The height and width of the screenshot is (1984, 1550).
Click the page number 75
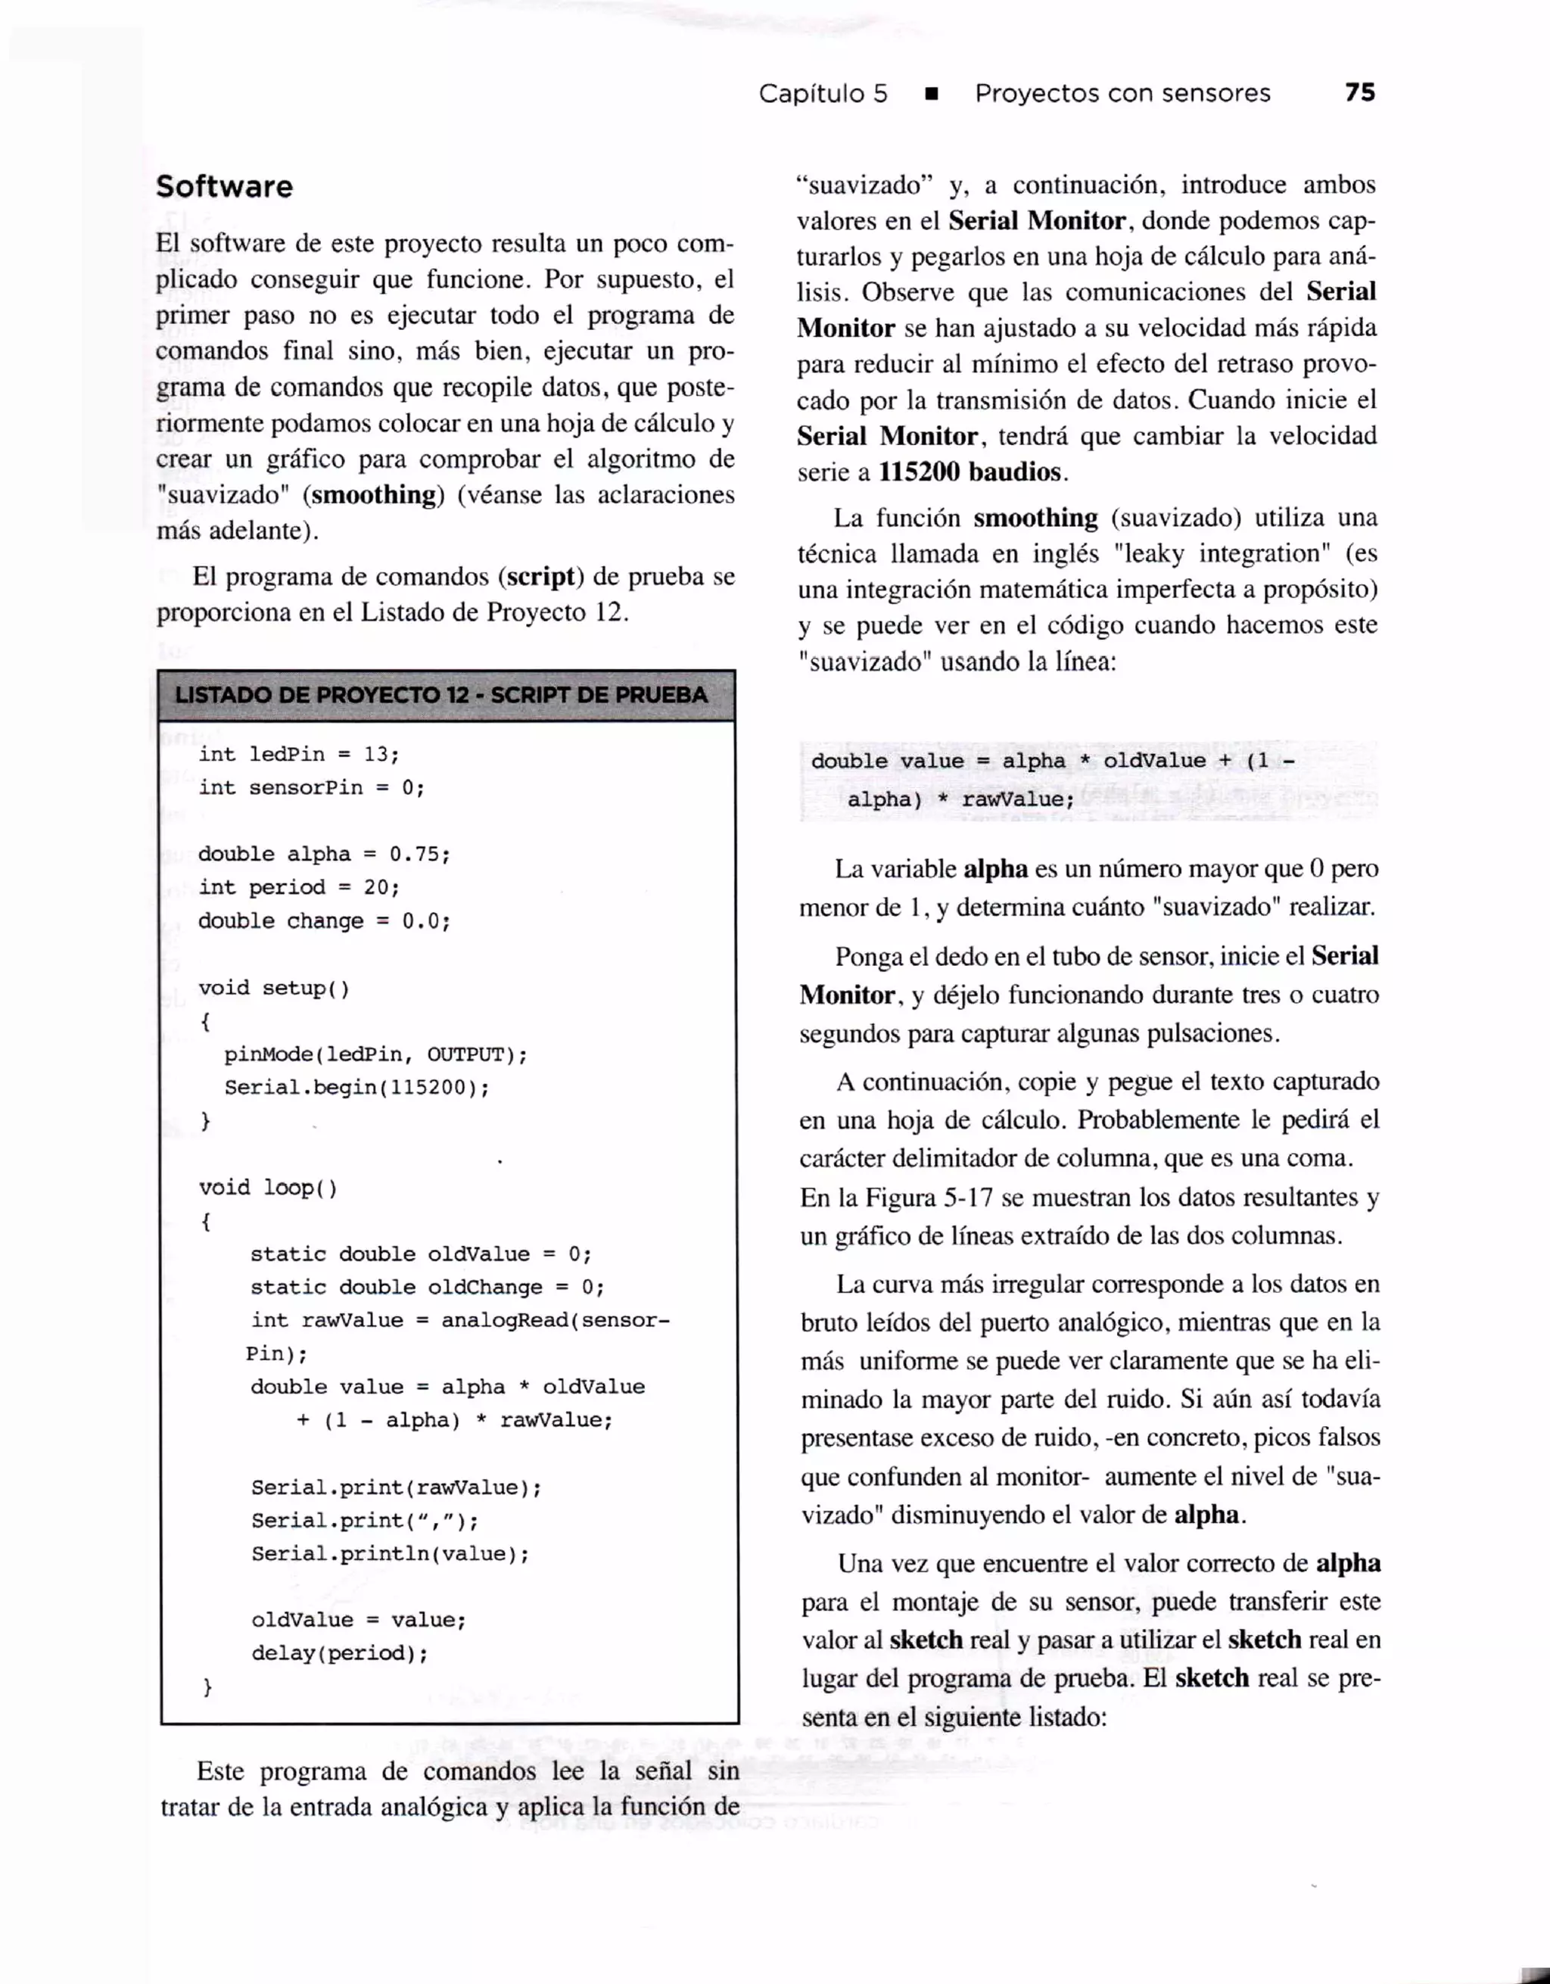1359,92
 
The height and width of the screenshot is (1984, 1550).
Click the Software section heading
224,187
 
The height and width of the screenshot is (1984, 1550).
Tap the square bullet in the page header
930,95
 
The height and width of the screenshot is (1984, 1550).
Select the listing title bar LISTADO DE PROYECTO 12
441,695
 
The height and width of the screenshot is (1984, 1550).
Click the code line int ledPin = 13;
299,754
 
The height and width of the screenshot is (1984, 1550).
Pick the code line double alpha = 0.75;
324,854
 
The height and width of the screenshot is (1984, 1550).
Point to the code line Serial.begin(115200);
357,1088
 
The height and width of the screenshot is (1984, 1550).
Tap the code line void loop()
268,1188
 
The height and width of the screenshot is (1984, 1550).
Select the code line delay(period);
340,1652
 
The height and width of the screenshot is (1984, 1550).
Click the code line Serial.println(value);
391,1553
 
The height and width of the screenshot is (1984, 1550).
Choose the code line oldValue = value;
359,1620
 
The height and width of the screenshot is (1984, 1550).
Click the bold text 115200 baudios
969,472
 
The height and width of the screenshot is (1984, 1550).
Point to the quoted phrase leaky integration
1222,553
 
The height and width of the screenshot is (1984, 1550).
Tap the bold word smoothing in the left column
373,495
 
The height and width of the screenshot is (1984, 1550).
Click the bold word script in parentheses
540,577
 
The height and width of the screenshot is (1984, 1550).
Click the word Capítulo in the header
810,94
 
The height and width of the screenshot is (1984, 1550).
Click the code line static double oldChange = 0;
427,1288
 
